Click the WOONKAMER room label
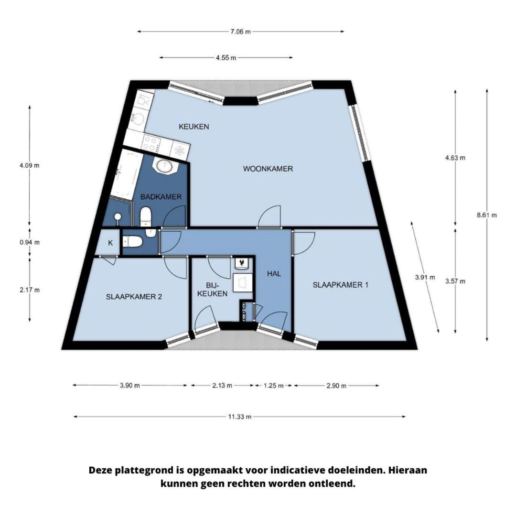click(x=268, y=169)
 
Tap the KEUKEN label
click(x=194, y=126)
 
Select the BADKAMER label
click(x=161, y=197)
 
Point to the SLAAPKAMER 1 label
click(x=340, y=285)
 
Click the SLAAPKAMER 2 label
click(x=134, y=297)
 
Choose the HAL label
click(x=274, y=273)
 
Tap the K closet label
click(x=110, y=243)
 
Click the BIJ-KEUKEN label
click(x=212, y=290)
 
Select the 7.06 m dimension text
click(x=240, y=32)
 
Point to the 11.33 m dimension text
click(x=240, y=417)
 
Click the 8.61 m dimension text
click(x=487, y=215)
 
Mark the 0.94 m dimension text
click(x=30, y=242)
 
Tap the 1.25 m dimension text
click(x=273, y=386)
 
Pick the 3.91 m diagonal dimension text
click(x=425, y=277)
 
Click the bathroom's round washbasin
click(x=164, y=165)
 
